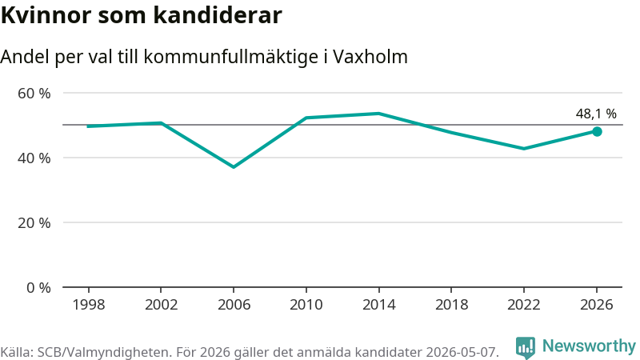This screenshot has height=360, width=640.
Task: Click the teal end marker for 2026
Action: pos(597,131)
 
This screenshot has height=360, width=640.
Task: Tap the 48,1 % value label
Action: pos(596,114)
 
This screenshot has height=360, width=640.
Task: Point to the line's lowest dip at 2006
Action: pos(234,167)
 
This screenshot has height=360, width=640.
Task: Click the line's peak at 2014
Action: pos(378,114)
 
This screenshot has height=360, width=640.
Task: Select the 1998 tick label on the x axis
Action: pos(89,305)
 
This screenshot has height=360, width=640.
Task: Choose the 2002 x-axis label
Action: pos(162,305)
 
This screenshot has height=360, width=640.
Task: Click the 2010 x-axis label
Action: pos(306,305)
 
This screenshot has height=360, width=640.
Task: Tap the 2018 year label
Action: pos(451,305)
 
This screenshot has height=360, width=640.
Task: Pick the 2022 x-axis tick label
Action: pos(524,305)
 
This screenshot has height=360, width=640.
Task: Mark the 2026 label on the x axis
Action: pos(596,305)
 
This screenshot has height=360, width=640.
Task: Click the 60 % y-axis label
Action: pos(34,93)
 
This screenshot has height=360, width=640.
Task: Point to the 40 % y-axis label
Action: pos(34,158)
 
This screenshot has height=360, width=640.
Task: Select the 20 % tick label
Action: pos(34,223)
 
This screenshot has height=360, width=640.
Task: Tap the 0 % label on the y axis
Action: pos(38,288)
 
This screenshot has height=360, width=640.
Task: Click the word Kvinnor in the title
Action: pos(46,15)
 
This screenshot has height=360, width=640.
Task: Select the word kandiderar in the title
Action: pos(218,15)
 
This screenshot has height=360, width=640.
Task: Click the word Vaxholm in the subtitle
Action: pos(370,57)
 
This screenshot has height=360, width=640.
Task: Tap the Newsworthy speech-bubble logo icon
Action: pos(526,348)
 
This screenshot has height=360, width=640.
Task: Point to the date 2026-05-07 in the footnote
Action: pos(462,352)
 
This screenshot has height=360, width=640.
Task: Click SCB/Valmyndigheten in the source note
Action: pos(104,352)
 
